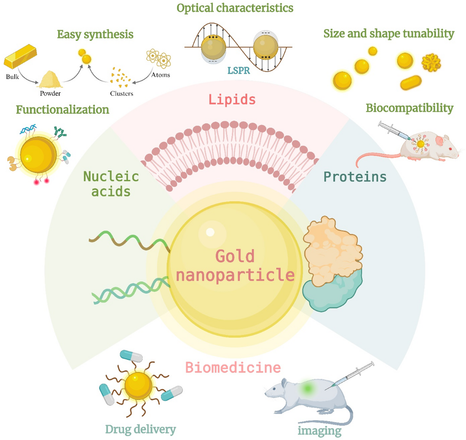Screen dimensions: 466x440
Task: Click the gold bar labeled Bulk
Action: (x=21, y=56)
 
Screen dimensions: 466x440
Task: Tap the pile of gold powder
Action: (x=50, y=79)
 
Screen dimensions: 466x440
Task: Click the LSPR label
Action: (x=239, y=70)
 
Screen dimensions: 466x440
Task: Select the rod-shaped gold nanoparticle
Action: (x=411, y=82)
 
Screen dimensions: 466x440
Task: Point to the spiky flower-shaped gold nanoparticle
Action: (x=431, y=63)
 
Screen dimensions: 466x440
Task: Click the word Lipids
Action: (x=232, y=100)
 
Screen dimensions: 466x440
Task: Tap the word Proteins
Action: (x=355, y=177)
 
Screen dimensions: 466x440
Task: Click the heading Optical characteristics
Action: (x=235, y=8)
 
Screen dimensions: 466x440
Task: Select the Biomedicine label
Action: (x=233, y=367)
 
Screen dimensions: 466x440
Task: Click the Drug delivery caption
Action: (x=140, y=429)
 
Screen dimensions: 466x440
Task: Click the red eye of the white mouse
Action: (x=450, y=149)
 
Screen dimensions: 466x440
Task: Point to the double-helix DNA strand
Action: (x=131, y=290)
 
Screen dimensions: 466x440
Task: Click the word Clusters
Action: (x=122, y=94)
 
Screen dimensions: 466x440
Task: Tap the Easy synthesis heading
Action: (x=95, y=35)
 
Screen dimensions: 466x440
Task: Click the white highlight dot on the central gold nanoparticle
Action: (x=210, y=232)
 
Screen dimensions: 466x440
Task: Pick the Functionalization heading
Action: (x=63, y=110)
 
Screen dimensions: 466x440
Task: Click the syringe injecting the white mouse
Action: (x=394, y=131)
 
